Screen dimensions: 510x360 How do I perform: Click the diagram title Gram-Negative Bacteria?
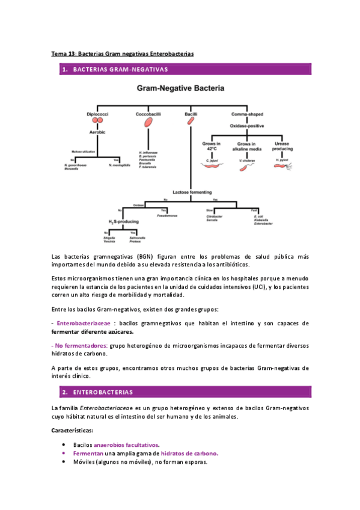(180, 88)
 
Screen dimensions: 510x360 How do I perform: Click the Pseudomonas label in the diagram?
(165, 215)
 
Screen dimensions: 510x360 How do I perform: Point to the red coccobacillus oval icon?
(147, 122)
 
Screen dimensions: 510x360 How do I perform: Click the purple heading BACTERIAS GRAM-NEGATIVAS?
(120, 70)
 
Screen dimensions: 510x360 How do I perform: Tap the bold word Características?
(72, 431)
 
